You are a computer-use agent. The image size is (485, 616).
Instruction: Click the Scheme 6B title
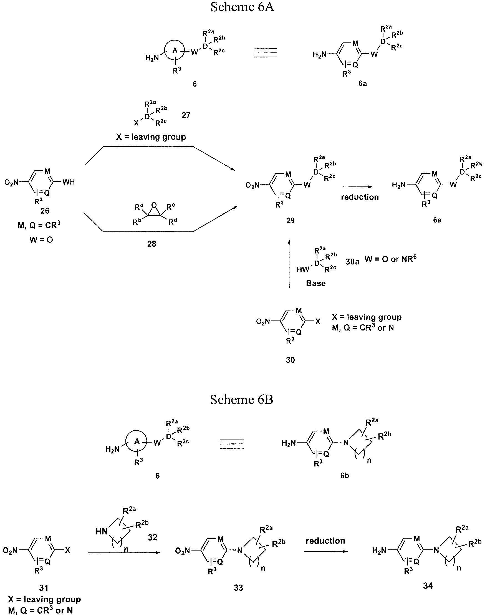(x=242, y=400)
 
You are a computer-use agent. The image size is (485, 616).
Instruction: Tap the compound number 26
(x=45, y=210)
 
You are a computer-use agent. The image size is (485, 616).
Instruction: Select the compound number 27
(x=186, y=115)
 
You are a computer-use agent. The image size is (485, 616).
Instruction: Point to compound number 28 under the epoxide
(x=152, y=244)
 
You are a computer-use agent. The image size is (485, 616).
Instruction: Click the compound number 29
(x=291, y=220)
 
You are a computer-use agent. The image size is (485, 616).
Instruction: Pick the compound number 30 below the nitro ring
(x=290, y=360)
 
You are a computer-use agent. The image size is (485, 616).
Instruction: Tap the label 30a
(x=352, y=262)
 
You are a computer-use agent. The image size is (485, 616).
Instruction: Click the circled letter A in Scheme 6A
(x=175, y=51)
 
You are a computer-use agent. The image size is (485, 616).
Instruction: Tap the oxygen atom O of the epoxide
(x=154, y=205)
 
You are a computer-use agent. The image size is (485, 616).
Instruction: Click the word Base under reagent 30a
(x=316, y=283)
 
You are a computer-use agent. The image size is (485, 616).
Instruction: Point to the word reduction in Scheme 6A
(x=360, y=197)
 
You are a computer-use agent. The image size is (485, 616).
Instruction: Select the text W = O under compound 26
(x=41, y=240)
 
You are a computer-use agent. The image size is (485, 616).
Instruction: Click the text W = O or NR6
(x=390, y=259)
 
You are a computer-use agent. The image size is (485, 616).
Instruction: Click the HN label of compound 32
(x=102, y=531)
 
